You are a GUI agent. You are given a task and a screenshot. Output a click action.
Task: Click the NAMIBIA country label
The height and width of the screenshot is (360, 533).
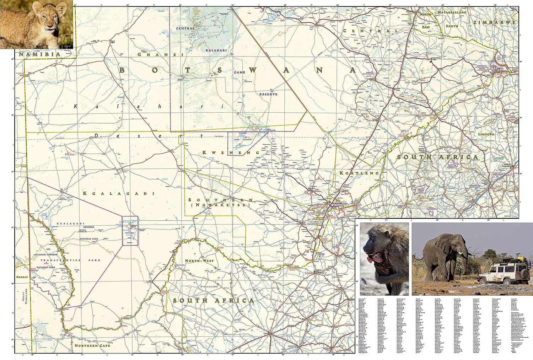[39, 54]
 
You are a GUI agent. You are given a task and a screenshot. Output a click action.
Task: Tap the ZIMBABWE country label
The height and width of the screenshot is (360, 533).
[494, 22]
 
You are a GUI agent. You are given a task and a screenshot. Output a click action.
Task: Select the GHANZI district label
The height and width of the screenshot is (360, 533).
[160, 54]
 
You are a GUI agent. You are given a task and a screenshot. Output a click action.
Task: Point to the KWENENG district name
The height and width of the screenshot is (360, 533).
[231, 152]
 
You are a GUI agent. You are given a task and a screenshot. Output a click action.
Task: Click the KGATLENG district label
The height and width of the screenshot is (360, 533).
[359, 173]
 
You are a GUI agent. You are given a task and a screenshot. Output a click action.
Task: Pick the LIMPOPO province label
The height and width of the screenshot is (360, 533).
[486, 134]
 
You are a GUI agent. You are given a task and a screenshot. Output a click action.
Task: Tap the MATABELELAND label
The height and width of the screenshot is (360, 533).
[452, 12]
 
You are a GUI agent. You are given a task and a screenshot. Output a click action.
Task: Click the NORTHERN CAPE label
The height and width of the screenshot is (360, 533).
[92, 345]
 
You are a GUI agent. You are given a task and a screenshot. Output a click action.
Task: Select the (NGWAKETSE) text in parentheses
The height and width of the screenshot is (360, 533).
[220, 205]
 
